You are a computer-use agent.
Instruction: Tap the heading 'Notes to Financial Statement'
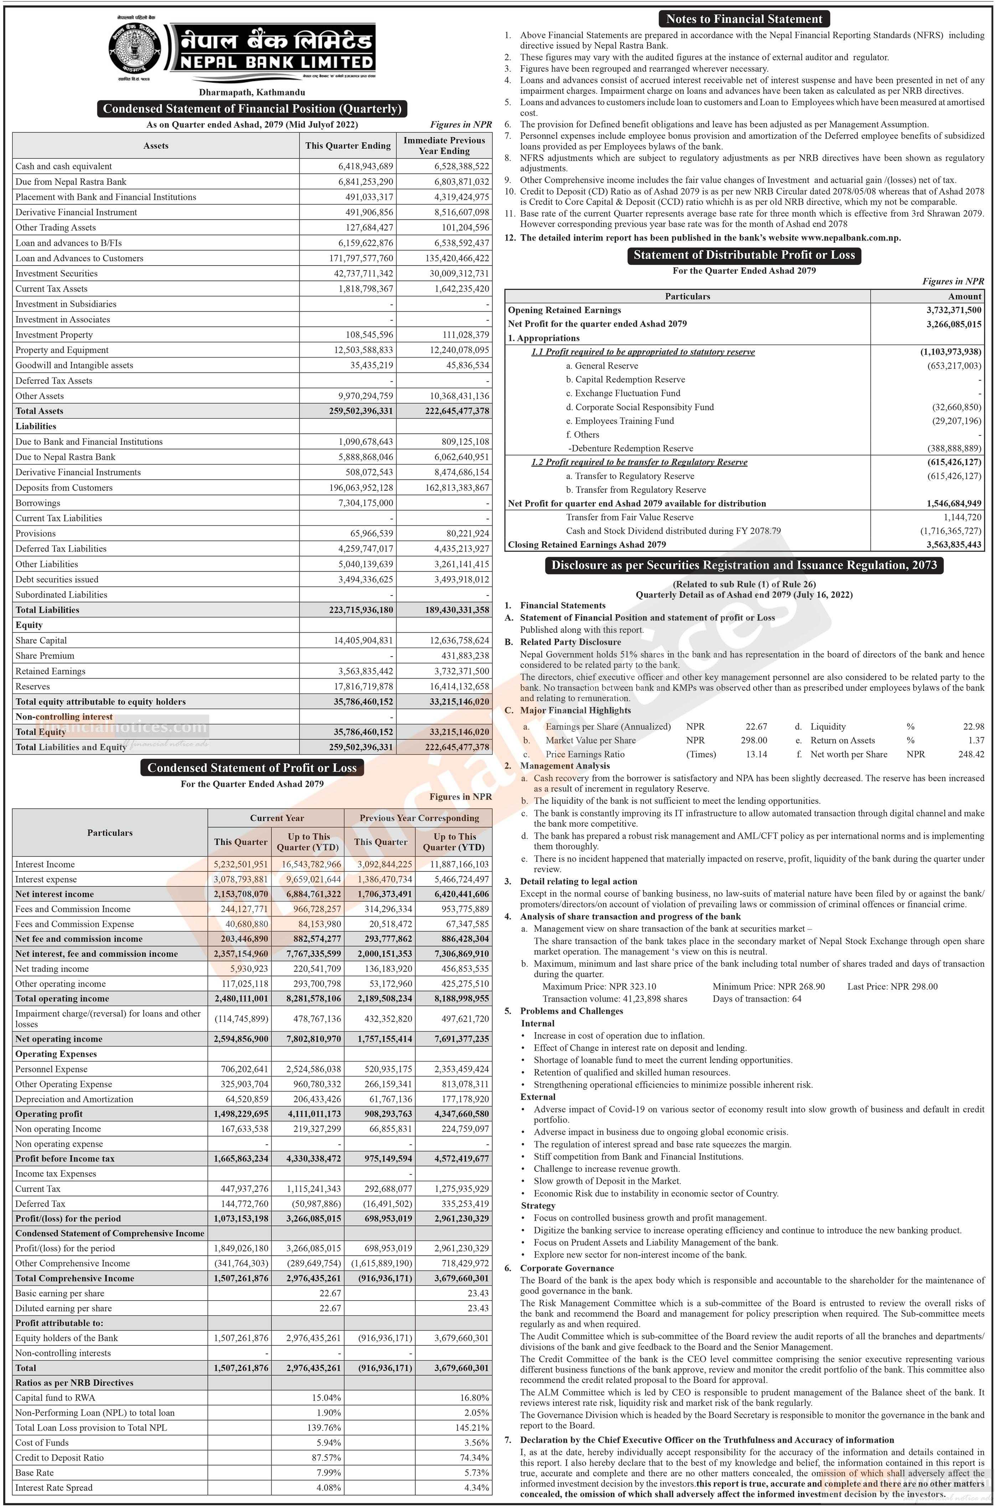coord(744,19)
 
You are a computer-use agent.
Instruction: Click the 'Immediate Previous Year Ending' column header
coord(444,145)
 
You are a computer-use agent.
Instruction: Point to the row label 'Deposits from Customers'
coord(64,487)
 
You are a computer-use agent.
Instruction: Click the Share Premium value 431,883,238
coord(457,655)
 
